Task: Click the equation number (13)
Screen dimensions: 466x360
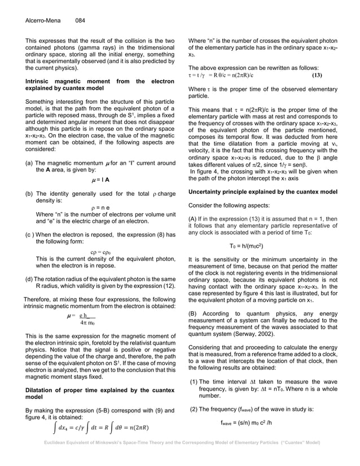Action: coord(317,75)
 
